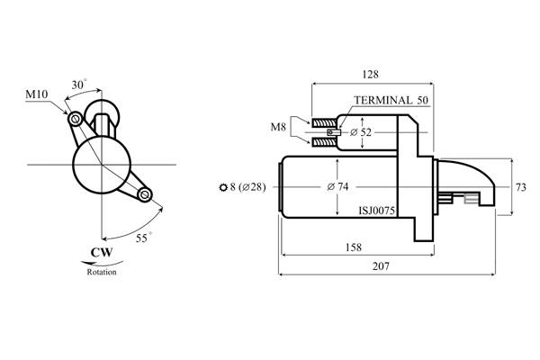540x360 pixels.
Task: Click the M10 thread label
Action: click(x=37, y=94)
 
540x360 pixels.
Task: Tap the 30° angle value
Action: click(x=79, y=84)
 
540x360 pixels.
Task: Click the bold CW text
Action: click(x=102, y=253)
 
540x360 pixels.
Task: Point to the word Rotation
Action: click(x=102, y=272)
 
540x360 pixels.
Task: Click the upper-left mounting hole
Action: click(x=75, y=120)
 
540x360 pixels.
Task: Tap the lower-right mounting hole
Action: click(x=145, y=194)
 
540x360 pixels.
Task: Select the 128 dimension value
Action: click(x=371, y=74)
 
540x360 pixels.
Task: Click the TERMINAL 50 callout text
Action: click(x=391, y=100)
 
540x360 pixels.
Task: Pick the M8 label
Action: click(x=278, y=127)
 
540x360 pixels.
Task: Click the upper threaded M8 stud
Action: click(x=324, y=122)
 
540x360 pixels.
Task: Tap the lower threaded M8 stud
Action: click(x=324, y=141)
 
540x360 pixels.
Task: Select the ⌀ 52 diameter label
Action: click(x=361, y=132)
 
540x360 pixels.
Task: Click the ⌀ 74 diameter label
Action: click(x=337, y=186)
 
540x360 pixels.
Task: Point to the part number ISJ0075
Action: click(x=377, y=211)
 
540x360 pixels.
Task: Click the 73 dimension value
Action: click(x=521, y=187)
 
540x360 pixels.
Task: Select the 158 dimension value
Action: click(x=354, y=247)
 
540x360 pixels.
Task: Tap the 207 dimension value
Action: click(x=381, y=266)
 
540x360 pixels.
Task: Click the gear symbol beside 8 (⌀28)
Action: click(x=223, y=187)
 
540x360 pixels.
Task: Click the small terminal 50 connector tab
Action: click(x=333, y=132)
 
